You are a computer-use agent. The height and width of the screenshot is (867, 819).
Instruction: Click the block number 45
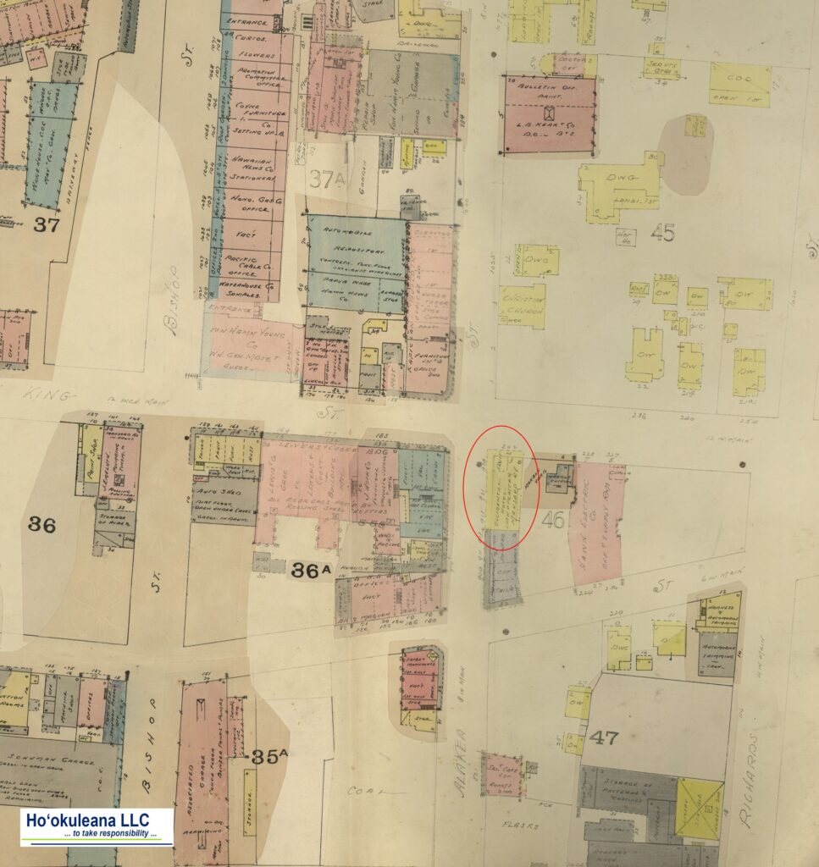pos(663,232)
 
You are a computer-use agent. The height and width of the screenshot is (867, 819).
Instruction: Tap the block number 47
pos(604,737)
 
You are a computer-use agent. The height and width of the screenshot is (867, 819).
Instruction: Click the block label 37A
pos(326,179)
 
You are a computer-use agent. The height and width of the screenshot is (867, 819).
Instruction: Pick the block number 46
pos(552,519)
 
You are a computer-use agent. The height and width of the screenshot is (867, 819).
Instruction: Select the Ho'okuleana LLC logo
pos(97,826)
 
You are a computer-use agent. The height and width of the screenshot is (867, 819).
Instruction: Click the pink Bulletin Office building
pos(550,114)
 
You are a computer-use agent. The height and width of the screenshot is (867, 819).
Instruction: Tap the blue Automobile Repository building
pos(356,262)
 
